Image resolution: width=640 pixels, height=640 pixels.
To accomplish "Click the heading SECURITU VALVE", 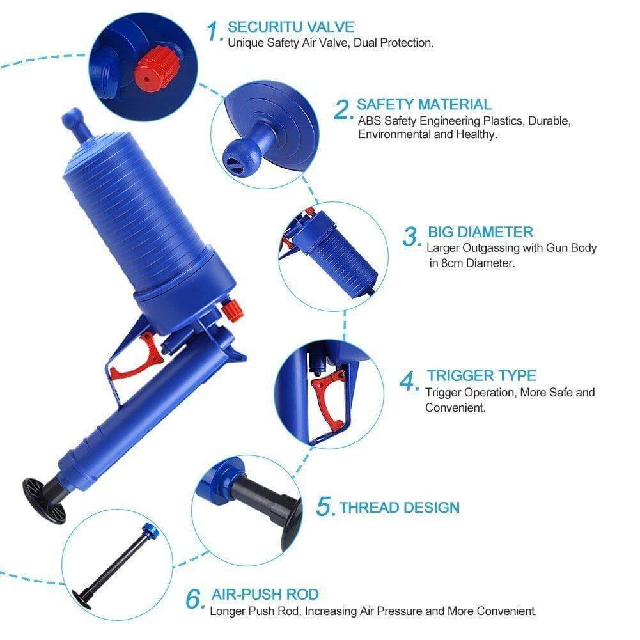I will pos(291,27).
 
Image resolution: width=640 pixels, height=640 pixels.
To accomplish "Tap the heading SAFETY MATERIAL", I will pos(424,104).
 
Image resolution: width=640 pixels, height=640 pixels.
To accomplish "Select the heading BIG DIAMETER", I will pos(480,231).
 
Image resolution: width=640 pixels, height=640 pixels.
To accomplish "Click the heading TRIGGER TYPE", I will pos(481,375).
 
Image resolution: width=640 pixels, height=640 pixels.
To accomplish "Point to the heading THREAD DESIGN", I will pos(399,508).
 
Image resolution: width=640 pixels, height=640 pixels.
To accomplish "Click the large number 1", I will pos(214,30).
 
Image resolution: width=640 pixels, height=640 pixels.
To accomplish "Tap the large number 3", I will pos(410,237).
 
